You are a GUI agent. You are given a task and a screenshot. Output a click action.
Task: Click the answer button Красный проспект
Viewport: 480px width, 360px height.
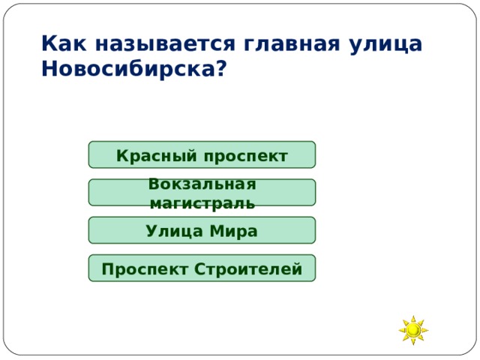[202, 155]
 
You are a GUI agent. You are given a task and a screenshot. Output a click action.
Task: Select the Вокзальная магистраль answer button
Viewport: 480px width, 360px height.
[202, 193]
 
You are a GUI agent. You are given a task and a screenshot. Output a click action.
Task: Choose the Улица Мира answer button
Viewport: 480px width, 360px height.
[202, 230]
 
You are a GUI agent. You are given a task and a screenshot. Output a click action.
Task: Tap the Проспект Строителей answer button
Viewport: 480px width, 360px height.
[202, 268]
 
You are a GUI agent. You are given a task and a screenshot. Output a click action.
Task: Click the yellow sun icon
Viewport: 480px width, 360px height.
[412, 330]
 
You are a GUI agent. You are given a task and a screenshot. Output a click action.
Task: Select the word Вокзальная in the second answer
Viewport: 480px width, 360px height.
[202, 184]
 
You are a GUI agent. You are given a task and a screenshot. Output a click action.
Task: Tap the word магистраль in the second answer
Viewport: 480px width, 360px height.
[202, 203]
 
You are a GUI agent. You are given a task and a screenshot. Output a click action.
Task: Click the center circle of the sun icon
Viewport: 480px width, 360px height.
[412, 330]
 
